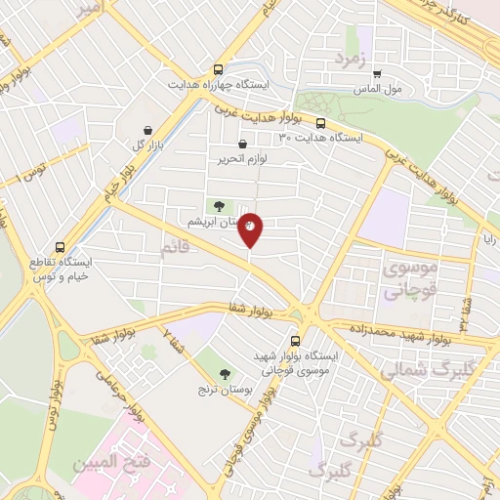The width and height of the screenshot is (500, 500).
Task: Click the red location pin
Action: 251,229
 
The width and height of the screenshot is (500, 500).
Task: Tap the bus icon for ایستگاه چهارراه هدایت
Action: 218,69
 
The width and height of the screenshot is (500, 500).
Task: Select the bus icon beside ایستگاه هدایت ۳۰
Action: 320,123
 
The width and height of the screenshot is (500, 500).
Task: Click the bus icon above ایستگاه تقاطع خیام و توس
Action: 61,247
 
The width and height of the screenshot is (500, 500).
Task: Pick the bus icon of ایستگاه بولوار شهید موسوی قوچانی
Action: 295,341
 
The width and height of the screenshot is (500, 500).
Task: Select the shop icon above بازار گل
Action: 147,130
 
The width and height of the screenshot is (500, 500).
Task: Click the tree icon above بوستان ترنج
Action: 226,372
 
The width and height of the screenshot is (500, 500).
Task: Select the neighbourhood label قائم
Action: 176,250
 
